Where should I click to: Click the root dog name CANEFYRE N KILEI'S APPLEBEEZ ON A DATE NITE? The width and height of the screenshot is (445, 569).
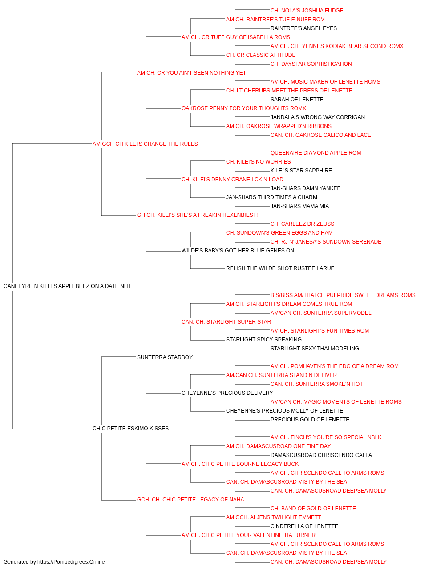pos(68,286)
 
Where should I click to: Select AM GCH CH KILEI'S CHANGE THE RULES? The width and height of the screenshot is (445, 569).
pos(145,144)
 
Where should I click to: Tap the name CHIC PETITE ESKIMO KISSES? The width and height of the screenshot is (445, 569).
pos(130,429)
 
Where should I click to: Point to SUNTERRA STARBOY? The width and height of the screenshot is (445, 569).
pos(165,357)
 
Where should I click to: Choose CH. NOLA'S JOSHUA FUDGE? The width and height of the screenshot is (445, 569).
pos(307,11)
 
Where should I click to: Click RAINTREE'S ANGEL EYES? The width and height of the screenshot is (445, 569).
pos(303,28)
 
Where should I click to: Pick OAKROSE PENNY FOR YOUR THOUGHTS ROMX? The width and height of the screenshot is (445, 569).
pos(244,108)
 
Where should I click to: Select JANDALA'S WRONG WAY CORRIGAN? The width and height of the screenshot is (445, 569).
pos(317,117)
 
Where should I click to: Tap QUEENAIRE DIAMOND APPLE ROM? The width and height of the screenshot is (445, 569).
pos(316,153)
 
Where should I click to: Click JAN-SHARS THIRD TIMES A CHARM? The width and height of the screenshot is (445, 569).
pos(271,197)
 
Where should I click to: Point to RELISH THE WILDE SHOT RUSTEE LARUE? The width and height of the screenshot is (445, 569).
pos(280,268)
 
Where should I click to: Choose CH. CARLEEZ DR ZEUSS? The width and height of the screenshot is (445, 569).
pos(302,224)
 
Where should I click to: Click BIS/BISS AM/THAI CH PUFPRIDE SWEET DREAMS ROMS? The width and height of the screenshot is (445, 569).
pos(343,295)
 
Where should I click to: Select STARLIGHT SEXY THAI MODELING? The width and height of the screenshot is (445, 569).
pos(315,349)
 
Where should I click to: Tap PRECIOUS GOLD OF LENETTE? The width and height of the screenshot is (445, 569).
pos(310,420)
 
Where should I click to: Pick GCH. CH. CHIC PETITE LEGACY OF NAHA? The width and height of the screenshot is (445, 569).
pos(190,500)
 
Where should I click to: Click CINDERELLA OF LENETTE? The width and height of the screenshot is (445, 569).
pos(304,526)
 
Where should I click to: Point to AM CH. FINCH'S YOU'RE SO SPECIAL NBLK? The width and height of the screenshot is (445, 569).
pos(326,437)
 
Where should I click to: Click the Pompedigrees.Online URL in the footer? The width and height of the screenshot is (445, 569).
pos(71,562)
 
